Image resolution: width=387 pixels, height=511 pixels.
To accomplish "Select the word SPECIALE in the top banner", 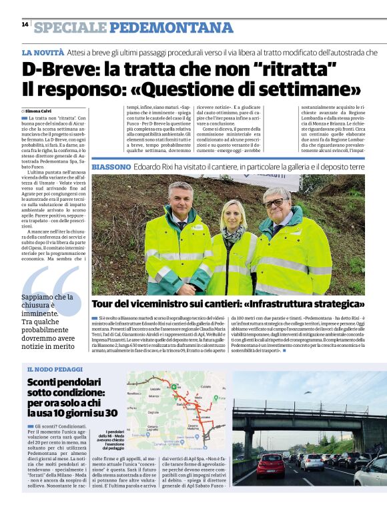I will click(x=70, y=27).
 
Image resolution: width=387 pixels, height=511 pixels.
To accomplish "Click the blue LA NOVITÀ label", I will click(x=43, y=52).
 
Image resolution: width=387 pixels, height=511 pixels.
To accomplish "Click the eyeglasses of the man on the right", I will click(x=276, y=201).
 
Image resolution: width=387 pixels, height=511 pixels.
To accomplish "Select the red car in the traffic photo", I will click(x=271, y=464).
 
